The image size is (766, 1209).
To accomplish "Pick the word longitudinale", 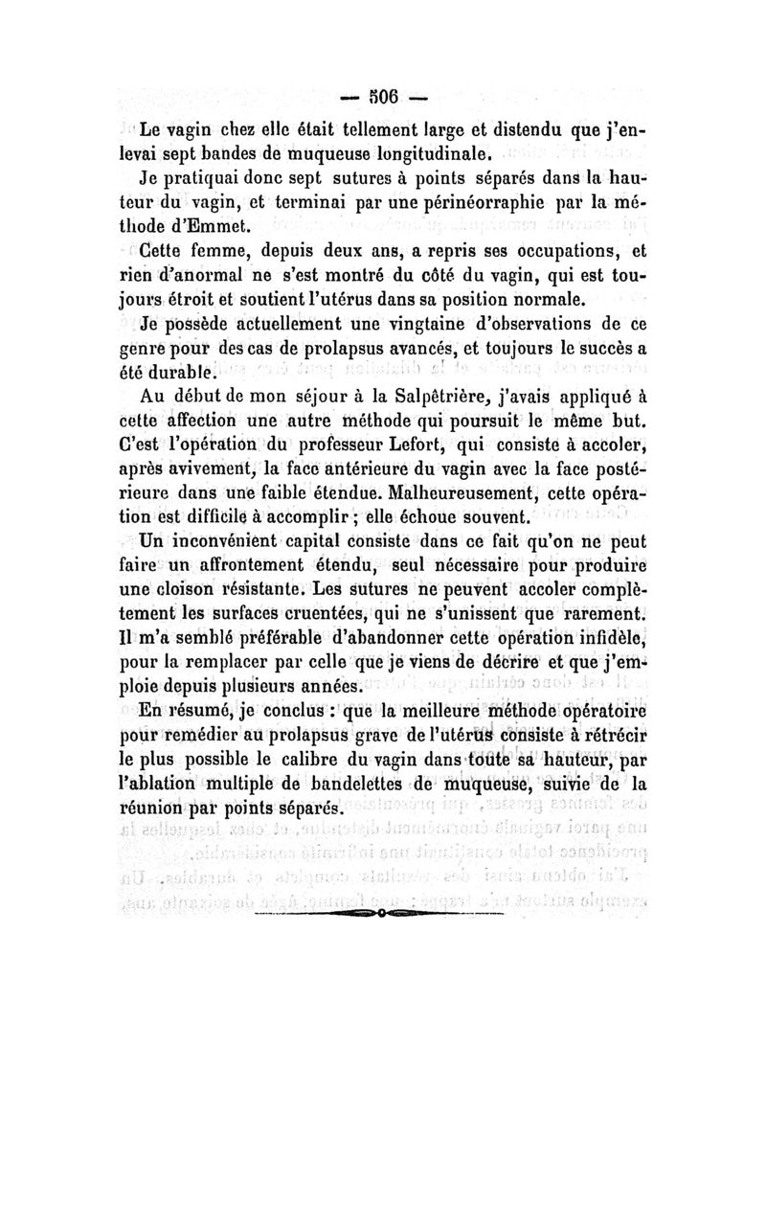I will coord(385,153).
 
